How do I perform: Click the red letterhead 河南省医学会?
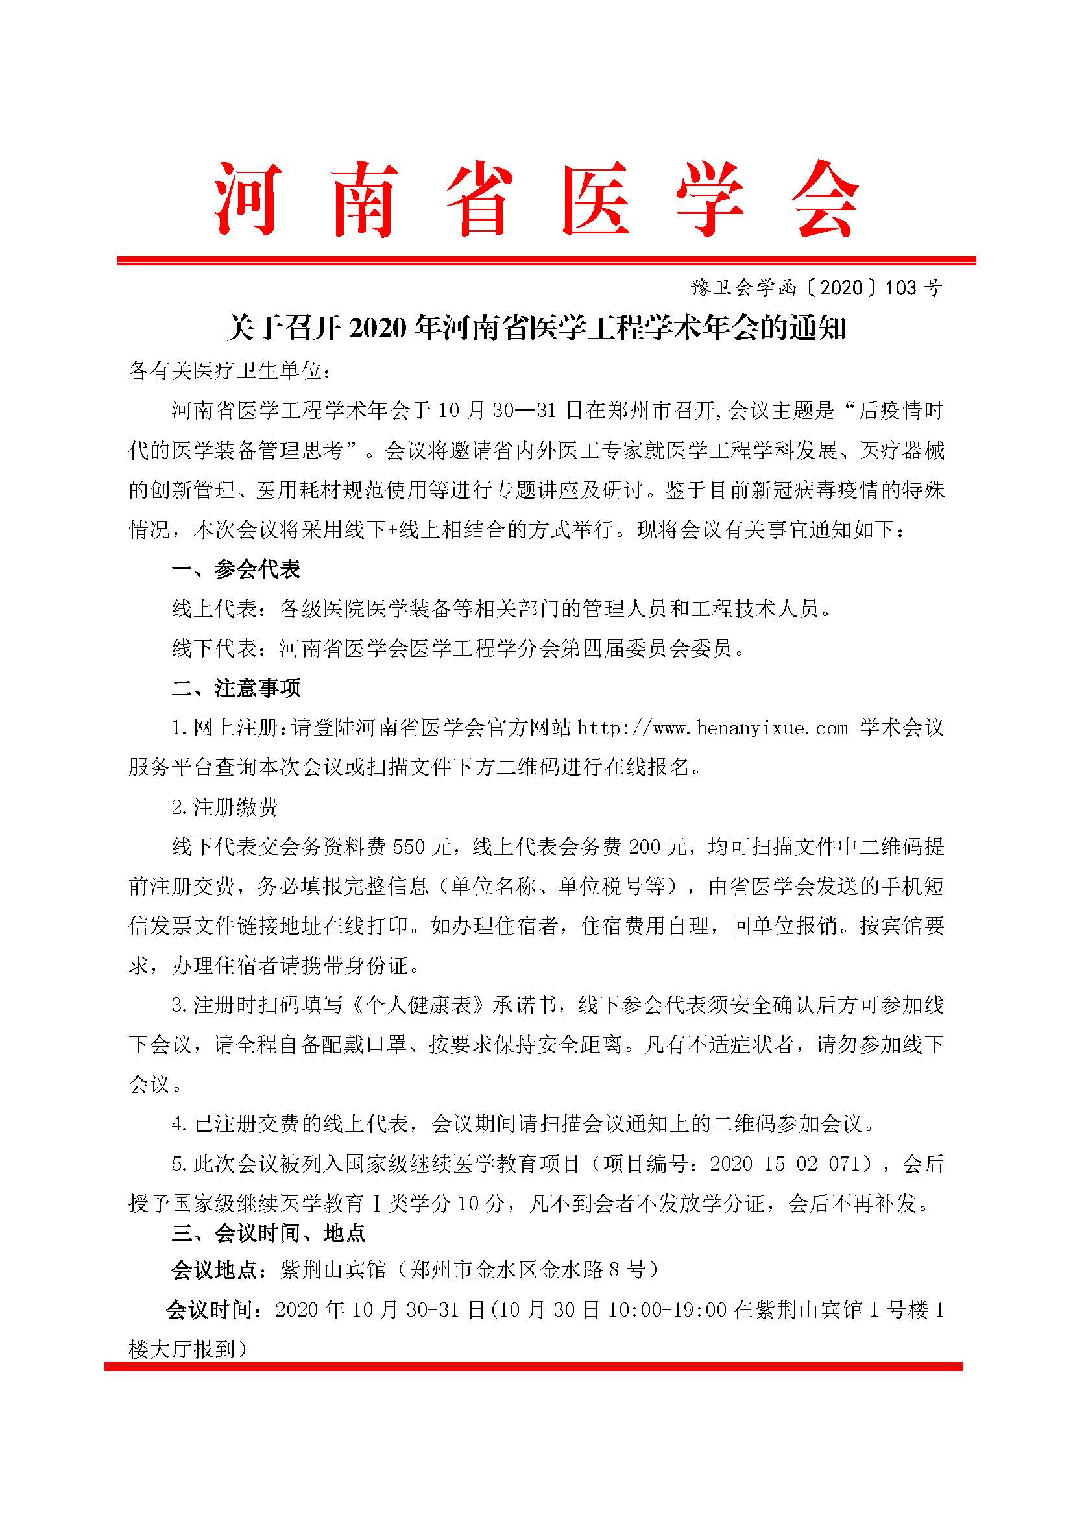click(x=536, y=199)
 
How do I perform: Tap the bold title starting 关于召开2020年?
click(x=536, y=328)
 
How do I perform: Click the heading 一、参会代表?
click(x=237, y=569)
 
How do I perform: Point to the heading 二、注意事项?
click(x=237, y=689)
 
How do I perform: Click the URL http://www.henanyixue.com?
click(x=712, y=728)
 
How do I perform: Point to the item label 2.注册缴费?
click(x=224, y=807)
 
